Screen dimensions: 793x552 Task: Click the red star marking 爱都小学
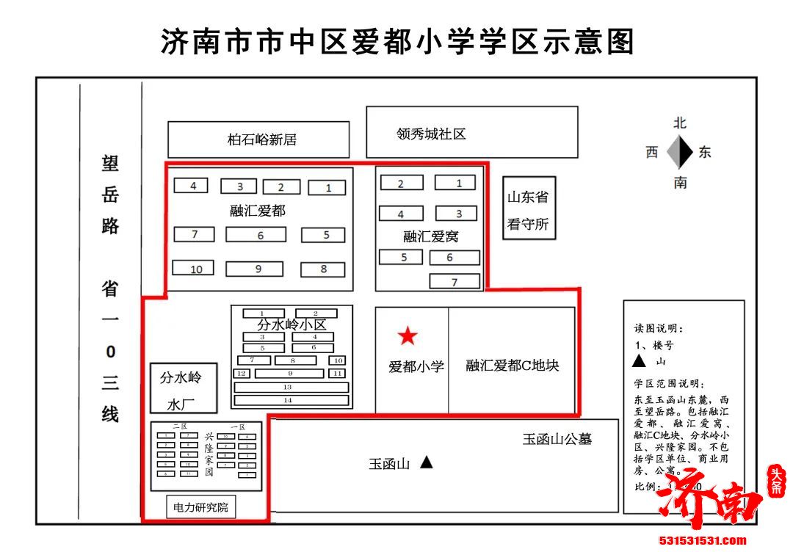point(408,336)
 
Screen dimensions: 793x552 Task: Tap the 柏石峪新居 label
point(261,139)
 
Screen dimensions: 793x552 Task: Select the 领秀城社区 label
point(431,134)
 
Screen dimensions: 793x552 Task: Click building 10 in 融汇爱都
point(194,269)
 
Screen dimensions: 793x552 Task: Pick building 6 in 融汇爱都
point(256,235)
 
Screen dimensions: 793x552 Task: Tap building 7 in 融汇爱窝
point(455,282)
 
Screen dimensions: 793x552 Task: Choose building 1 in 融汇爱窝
point(460,183)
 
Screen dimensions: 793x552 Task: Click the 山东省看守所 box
point(528,208)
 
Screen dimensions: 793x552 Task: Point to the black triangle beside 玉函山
point(426,462)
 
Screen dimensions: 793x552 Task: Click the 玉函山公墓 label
point(557,439)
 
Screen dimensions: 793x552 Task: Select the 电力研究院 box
point(200,507)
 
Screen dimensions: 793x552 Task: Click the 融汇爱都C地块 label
point(512,365)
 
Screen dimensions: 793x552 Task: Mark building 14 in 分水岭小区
point(288,400)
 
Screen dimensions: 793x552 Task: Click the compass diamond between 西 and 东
point(680,153)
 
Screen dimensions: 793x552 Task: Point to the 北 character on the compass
point(680,123)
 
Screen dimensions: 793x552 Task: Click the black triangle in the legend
point(639,361)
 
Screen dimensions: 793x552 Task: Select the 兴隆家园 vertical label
point(209,454)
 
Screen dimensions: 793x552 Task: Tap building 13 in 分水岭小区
point(288,387)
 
